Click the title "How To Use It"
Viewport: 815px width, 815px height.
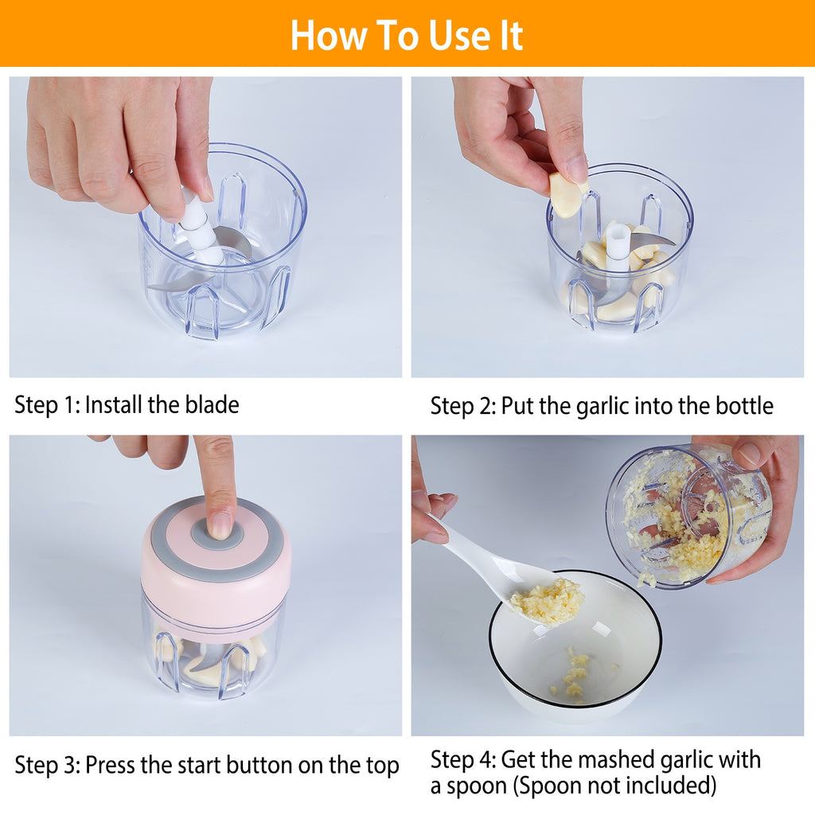pos(407,35)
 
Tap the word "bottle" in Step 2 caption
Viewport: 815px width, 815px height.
pos(743,406)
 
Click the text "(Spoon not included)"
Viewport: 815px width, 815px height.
pos(614,786)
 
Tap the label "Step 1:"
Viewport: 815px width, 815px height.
pos(47,404)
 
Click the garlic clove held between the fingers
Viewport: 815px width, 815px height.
pos(567,195)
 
